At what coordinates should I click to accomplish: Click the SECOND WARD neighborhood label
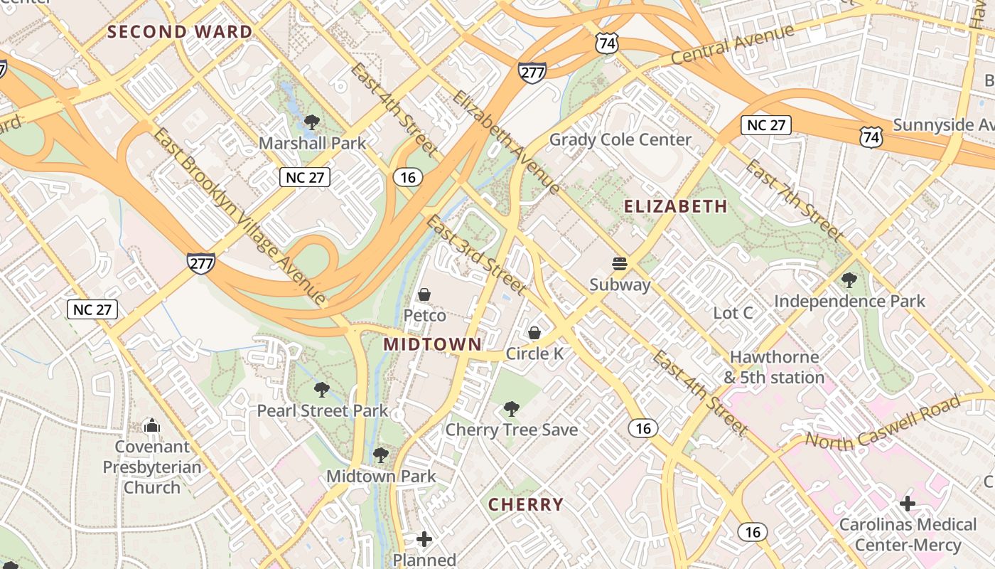click(180, 32)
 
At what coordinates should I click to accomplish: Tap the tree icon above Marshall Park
click(311, 123)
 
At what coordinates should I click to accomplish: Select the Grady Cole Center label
click(620, 139)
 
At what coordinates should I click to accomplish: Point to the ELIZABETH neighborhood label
click(675, 206)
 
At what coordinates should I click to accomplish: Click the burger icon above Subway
click(620, 265)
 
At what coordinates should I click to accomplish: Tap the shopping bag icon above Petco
click(424, 294)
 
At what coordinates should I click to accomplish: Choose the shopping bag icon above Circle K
click(534, 333)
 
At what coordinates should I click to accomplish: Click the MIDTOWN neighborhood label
click(432, 344)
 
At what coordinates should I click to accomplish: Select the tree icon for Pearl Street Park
click(322, 390)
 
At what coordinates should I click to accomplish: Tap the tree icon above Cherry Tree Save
click(511, 409)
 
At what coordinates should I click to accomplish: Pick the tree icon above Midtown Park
click(381, 455)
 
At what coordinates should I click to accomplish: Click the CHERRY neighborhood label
click(525, 505)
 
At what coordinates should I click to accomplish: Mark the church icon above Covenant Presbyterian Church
click(151, 426)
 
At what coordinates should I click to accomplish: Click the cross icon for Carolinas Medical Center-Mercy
click(907, 504)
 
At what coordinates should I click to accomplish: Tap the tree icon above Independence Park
click(849, 280)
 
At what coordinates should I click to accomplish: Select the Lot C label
click(733, 313)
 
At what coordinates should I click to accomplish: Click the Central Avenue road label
click(732, 44)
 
